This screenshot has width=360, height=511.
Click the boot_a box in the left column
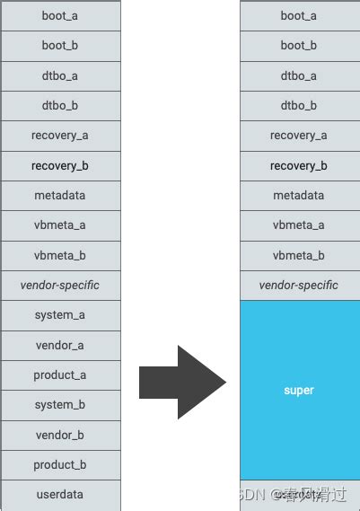[59, 16]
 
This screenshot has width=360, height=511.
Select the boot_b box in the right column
[299, 46]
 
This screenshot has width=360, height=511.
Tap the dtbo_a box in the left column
[59, 75]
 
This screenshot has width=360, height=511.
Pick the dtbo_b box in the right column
[299, 106]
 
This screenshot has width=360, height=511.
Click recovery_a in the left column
[59, 136]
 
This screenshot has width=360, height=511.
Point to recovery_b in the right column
[299, 165]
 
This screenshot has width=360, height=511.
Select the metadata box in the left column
[59, 195]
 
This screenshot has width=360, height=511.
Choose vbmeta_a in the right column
[299, 225]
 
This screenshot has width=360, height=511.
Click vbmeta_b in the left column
[59, 255]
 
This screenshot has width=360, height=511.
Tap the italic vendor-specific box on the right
[299, 285]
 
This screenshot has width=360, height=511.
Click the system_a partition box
[59, 315]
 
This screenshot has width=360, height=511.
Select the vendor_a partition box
[59, 345]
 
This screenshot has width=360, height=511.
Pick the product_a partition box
[59, 375]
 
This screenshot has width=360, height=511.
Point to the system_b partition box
[59, 405]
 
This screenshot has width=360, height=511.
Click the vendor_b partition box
[59, 435]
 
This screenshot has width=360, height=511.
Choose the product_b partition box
[59, 465]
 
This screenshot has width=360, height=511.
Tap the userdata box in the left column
[59, 494]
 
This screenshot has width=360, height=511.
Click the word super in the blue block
[299, 391]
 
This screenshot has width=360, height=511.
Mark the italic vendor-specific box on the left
[59, 285]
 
